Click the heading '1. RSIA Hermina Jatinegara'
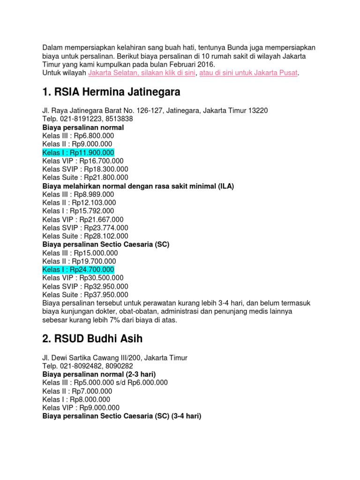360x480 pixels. pos(111,91)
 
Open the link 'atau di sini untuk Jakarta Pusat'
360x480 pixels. pos(248,73)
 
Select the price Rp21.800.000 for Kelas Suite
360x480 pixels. pos(106,177)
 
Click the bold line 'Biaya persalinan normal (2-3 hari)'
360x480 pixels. pos(99,374)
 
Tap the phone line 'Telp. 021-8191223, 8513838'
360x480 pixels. pos(88,119)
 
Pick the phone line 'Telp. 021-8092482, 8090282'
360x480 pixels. pos(88,366)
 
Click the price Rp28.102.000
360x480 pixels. pos(106,236)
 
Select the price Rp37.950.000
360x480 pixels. pos(106,295)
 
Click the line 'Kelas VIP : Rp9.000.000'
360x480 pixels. pos(81,407)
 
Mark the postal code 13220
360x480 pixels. pos(256,111)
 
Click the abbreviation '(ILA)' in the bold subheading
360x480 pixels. pos(225,186)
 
